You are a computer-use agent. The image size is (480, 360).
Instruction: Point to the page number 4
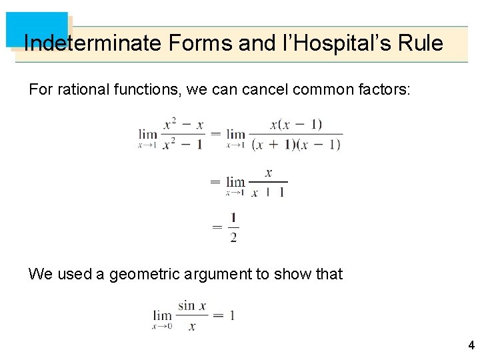tap(471, 345)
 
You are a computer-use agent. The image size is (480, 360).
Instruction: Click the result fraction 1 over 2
tap(233, 228)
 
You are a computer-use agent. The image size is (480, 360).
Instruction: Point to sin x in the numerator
tap(192, 305)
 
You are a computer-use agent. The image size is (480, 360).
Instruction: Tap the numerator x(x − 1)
tap(296, 124)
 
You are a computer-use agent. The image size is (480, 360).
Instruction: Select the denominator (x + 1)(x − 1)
tap(296, 143)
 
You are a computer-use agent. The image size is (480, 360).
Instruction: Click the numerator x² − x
tap(183, 124)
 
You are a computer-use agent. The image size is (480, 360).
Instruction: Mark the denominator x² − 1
tap(183, 143)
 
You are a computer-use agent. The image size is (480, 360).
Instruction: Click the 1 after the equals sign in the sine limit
tap(231, 315)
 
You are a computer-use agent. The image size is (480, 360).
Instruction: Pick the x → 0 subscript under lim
tap(162, 327)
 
